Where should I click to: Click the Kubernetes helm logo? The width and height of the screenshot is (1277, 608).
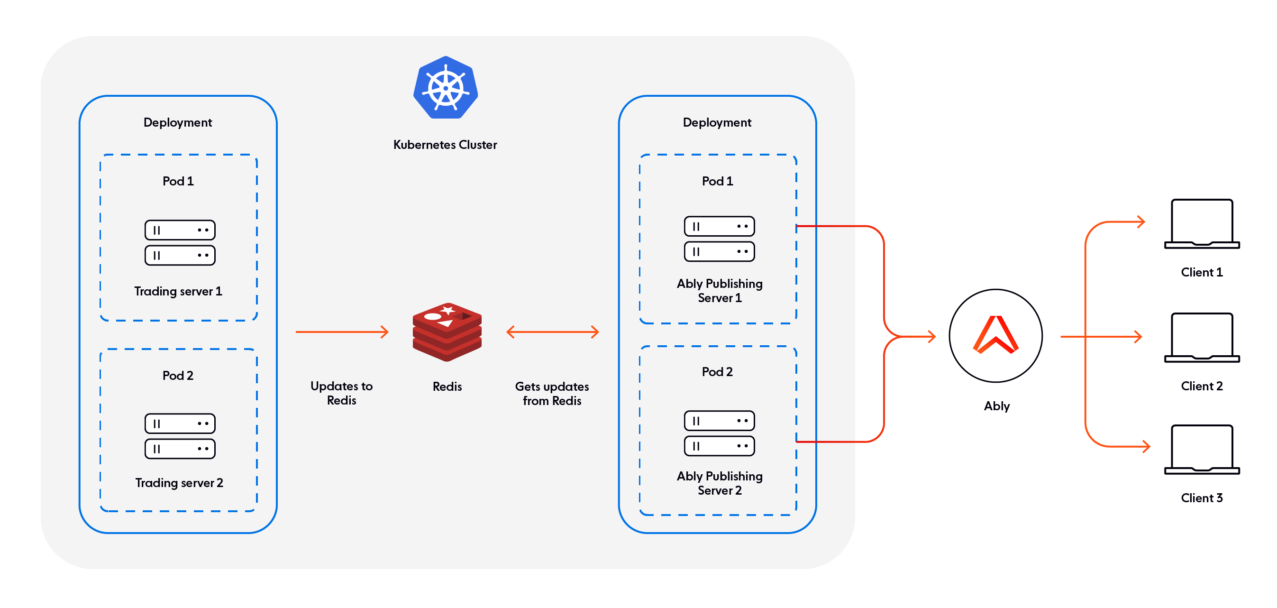[x=445, y=88]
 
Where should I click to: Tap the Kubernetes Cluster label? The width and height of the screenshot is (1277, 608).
[x=445, y=145]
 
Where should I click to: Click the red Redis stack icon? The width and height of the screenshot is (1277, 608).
[x=447, y=332]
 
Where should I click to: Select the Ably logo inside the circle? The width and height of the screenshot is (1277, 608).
[x=995, y=335]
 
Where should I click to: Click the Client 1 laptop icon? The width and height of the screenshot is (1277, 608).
[x=1202, y=224]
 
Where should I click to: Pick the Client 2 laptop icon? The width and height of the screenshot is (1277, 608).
[x=1202, y=337]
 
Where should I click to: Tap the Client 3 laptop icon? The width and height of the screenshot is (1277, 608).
[x=1202, y=449]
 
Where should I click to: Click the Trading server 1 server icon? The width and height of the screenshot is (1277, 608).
[x=180, y=242]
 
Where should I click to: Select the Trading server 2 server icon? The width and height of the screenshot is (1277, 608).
[x=180, y=436]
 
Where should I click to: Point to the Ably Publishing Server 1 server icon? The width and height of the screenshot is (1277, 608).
[x=719, y=239]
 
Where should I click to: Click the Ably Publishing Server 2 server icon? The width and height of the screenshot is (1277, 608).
[x=719, y=433]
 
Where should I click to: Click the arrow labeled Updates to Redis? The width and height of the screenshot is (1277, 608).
[x=342, y=332]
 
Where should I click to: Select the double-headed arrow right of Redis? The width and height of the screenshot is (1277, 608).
[x=552, y=332]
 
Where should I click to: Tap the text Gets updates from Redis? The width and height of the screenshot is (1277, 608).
[x=552, y=393]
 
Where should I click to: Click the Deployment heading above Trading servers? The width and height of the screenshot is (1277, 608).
[x=177, y=122]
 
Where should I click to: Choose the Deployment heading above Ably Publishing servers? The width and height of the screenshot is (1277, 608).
[x=717, y=122]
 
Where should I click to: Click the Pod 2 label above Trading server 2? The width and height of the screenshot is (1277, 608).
[x=177, y=376]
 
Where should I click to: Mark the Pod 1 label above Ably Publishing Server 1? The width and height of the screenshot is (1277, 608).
[x=717, y=181]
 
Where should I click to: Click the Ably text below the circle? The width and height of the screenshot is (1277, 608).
[x=996, y=405]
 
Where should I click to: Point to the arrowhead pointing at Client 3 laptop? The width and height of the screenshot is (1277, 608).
[x=1146, y=446]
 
